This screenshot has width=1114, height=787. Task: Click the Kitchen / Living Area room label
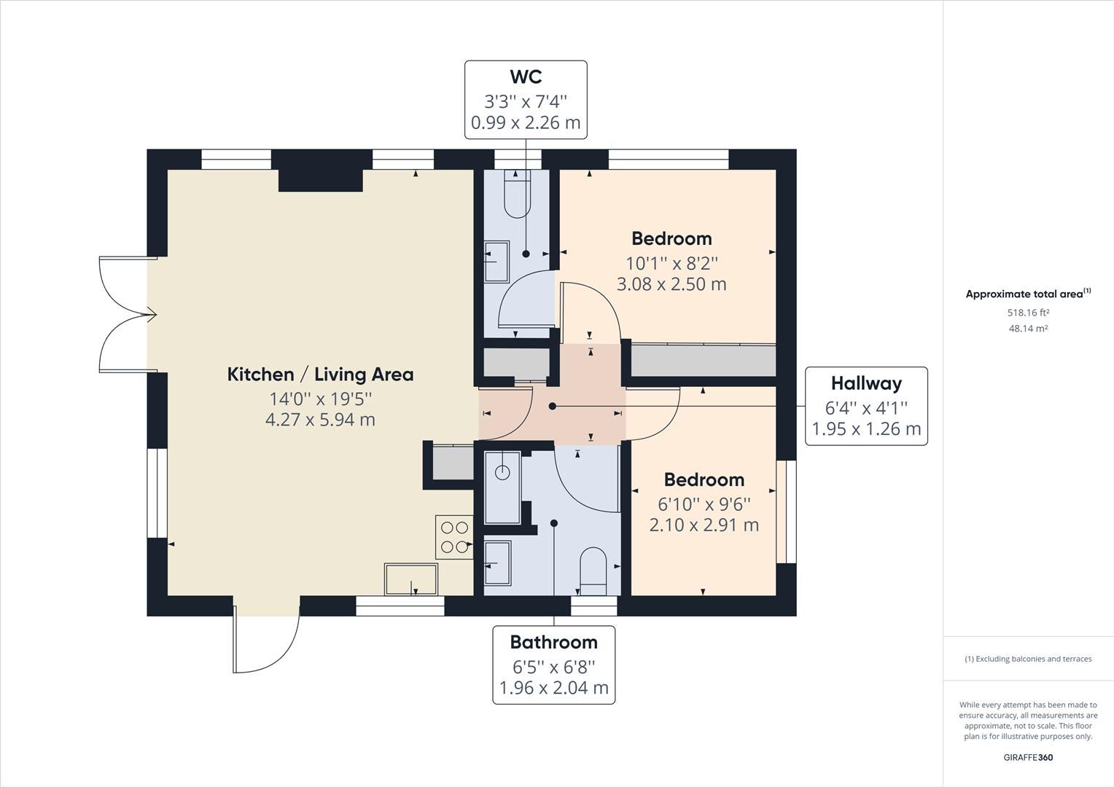[320, 375]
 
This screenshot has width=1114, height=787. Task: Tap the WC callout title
[525, 77]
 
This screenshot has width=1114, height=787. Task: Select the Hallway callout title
[866, 383]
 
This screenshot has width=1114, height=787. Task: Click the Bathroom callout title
[553, 642]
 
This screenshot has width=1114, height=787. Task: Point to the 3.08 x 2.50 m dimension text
[671, 284]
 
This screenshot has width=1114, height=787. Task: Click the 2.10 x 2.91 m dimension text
[704, 525]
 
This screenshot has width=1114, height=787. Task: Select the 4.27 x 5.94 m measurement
[320, 420]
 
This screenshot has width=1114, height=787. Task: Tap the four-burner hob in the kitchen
[454, 538]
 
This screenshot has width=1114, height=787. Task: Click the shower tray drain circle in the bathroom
[502, 472]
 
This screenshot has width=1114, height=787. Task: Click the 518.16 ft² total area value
[1028, 313]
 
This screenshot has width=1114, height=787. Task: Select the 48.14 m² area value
[1028, 329]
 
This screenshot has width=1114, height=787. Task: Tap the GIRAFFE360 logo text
[1028, 757]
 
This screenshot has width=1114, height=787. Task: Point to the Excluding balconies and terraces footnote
[1028, 659]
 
